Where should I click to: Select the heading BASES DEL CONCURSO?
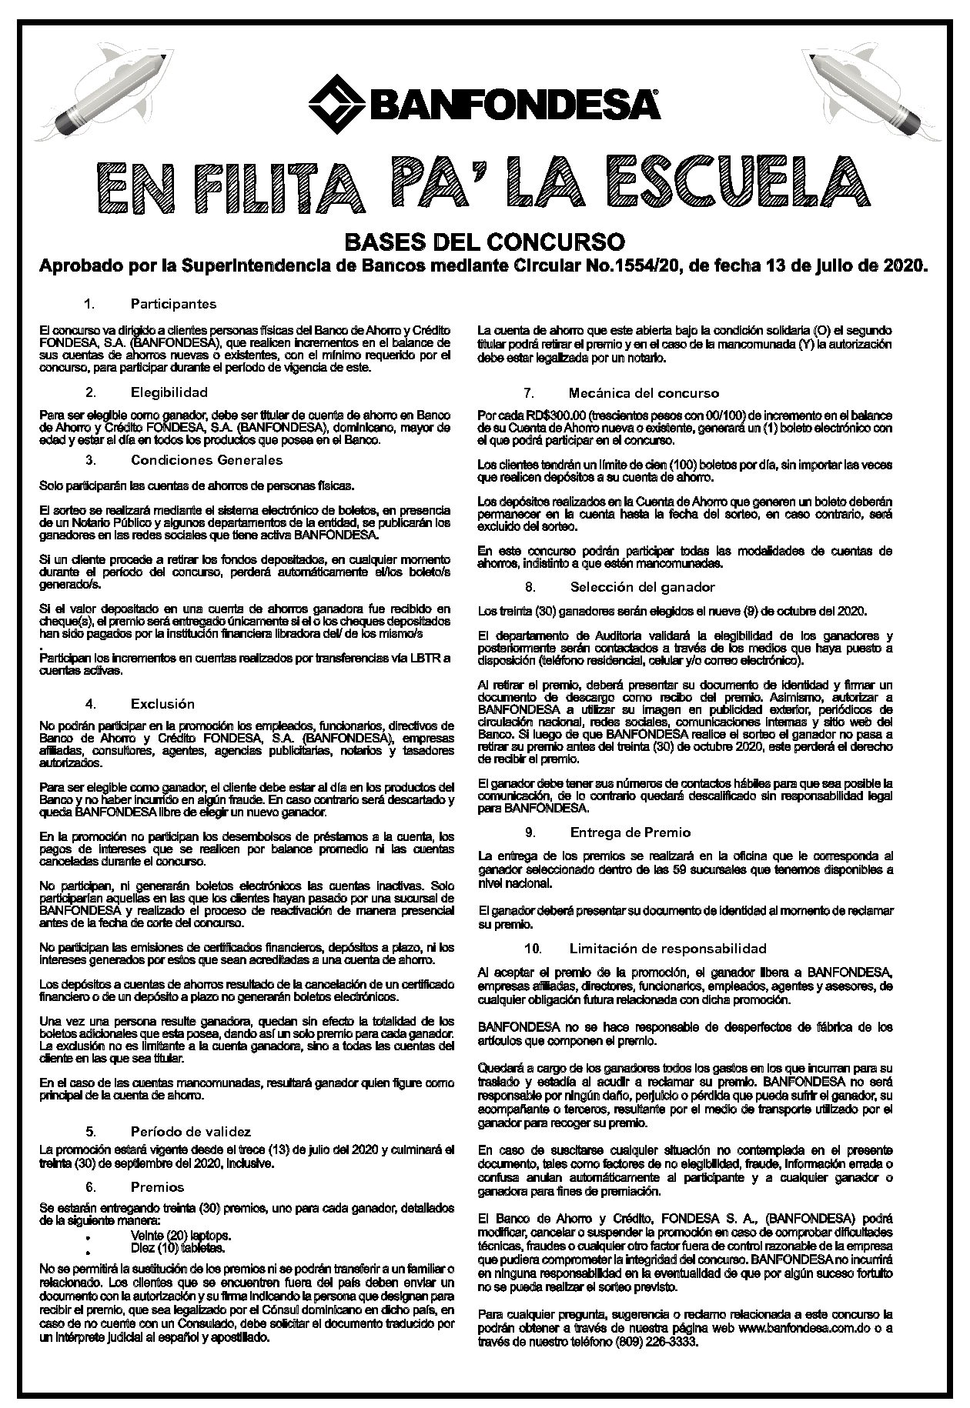(x=484, y=241)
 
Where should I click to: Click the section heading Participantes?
(x=173, y=304)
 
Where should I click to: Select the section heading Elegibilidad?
(x=169, y=392)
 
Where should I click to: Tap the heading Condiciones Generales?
(x=207, y=460)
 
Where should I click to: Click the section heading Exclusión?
(x=162, y=703)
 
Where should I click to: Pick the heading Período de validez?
(x=191, y=1131)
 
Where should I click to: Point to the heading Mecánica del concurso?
(x=644, y=393)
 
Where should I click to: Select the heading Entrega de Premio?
(x=630, y=832)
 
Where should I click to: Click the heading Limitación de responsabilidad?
(x=668, y=948)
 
